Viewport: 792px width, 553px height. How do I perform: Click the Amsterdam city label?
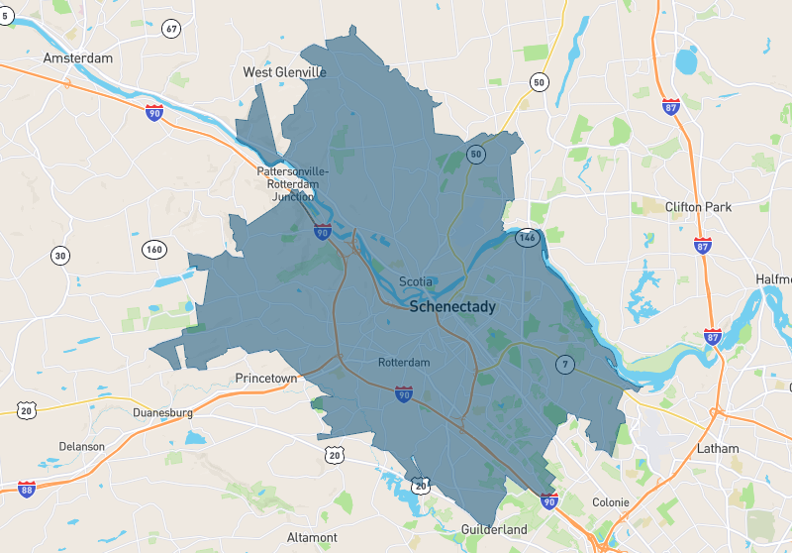(x=77, y=58)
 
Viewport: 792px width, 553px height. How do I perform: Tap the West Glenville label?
(x=285, y=72)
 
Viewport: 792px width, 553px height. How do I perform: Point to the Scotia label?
(x=416, y=281)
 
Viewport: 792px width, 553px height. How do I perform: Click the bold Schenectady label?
(x=452, y=307)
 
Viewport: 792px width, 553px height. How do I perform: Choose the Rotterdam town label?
(x=404, y=363)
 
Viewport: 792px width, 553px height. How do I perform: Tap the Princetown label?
(x=265, y=379)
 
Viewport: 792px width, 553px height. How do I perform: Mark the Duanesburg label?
(x=162, y=412)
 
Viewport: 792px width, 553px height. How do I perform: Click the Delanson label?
(x=81, y=447)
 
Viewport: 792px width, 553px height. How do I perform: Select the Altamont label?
(x=312, y=537)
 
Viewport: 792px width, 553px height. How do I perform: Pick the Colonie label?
(x=610, y=502)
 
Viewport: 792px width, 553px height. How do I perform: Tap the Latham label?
(x=717, y=448)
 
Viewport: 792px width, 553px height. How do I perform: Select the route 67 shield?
(x=172, y=28)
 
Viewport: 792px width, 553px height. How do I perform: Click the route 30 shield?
(x=61, y=256)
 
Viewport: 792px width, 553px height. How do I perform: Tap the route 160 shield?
(x=153, y=249)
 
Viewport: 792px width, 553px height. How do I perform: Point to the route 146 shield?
(x=527, y=238)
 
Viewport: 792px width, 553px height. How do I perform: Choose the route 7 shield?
(x=565, y=364)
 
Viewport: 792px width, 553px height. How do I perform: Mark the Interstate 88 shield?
(x=27, y=489)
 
